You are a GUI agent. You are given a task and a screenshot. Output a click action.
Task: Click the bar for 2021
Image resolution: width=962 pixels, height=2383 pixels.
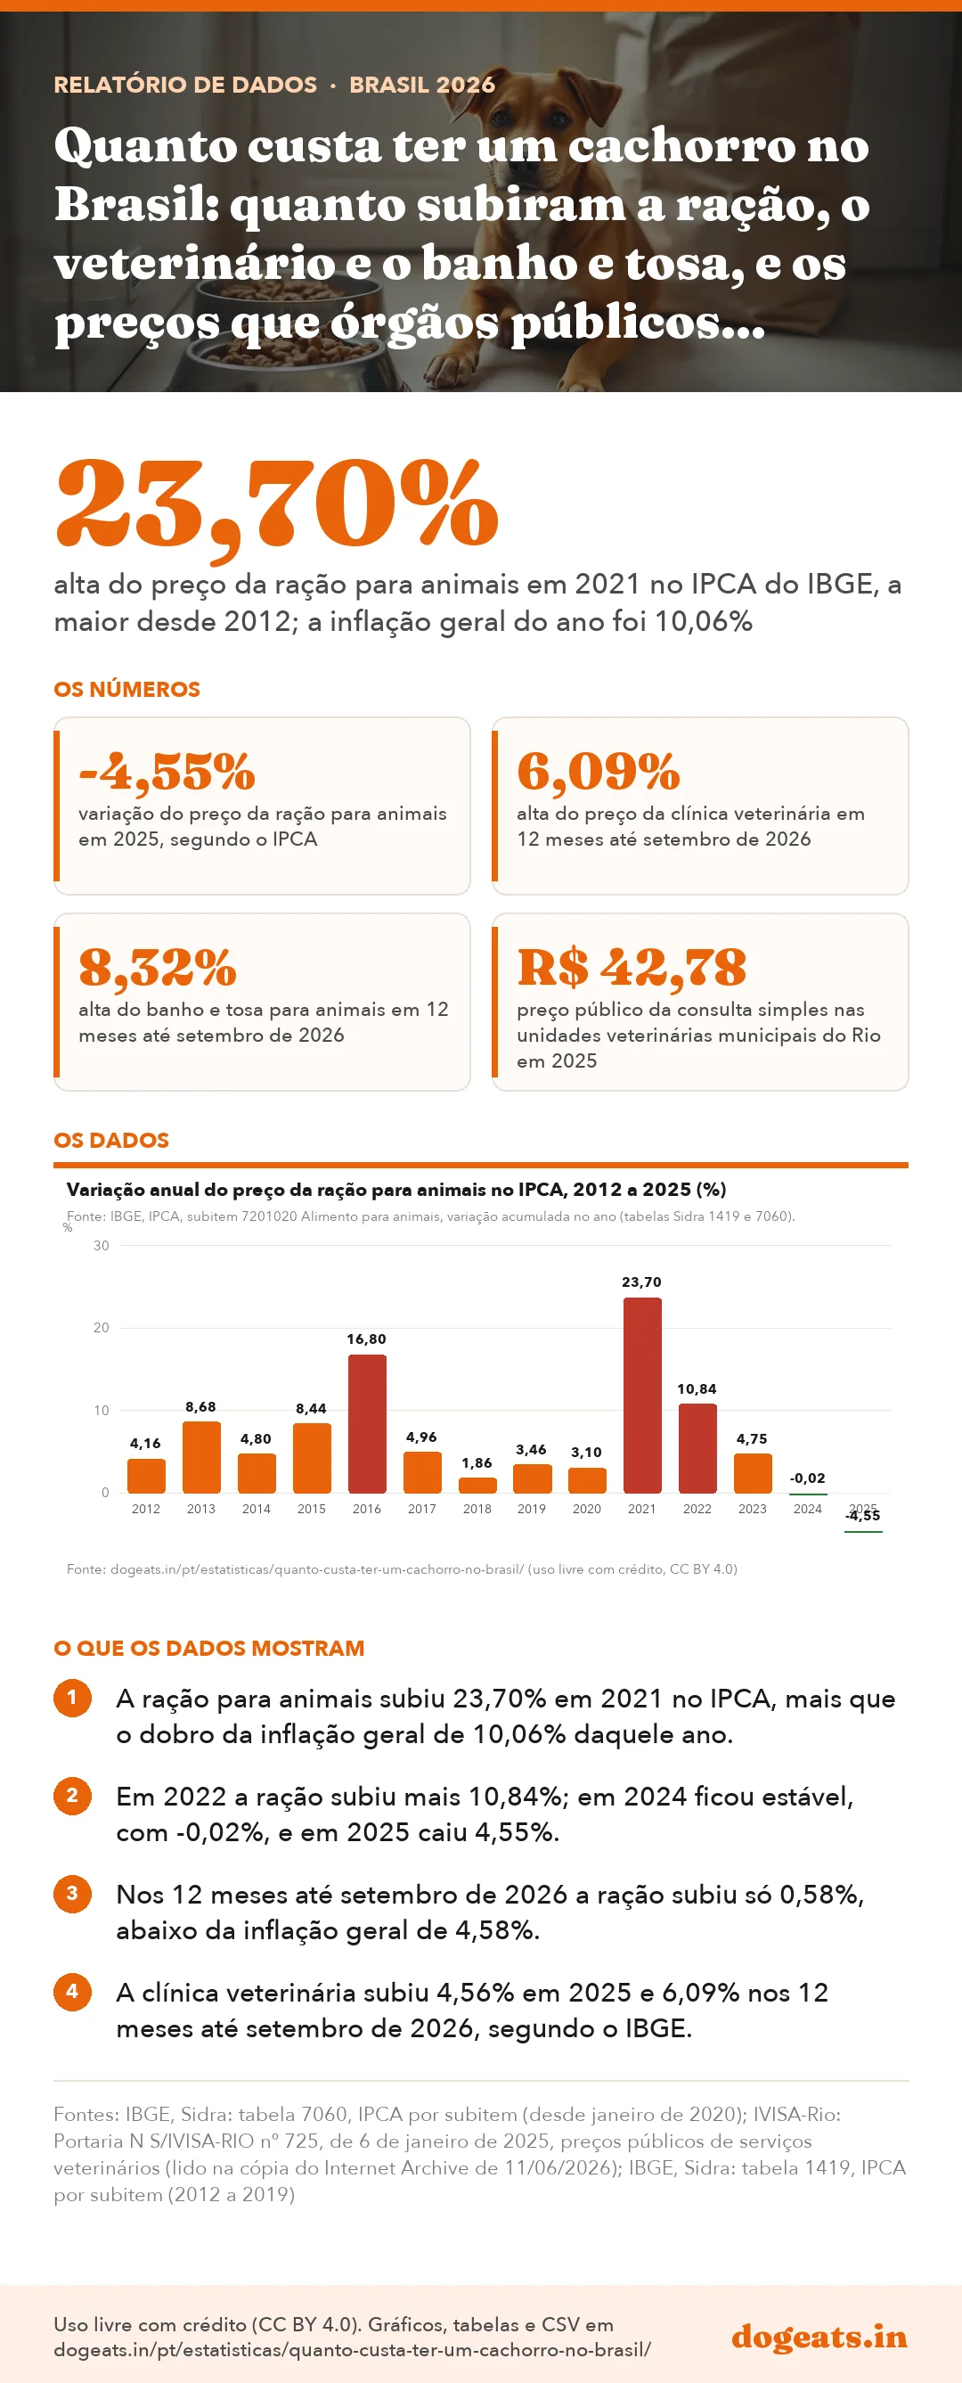[642, 1395]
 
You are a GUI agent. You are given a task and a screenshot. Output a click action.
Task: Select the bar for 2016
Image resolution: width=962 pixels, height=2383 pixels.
[367, 1424]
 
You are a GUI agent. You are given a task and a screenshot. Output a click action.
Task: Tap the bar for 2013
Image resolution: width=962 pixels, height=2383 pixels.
[201, 1457]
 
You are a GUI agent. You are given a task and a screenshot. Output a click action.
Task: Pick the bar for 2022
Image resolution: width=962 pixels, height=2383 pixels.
[697, 1449]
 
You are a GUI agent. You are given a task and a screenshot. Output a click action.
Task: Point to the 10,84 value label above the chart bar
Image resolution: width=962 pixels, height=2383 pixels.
[697, 1388]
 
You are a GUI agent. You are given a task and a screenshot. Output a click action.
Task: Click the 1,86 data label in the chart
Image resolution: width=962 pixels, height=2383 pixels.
[477, 1462]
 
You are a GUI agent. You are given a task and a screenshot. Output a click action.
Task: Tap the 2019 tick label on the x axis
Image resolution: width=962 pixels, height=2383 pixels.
[532, 1509]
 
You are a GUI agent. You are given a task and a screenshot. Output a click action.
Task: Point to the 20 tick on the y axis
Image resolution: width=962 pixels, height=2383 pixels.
[101, 1328]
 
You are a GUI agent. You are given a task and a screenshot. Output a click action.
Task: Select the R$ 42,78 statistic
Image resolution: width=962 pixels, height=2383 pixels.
[632, 968]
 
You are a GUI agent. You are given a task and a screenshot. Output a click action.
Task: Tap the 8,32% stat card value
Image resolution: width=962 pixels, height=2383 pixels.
[159, 968]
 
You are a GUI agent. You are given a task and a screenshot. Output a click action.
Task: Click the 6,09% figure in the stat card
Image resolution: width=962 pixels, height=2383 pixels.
[599, 772]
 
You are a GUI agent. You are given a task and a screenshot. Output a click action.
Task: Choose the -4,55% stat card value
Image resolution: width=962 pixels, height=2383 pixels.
[167, 772]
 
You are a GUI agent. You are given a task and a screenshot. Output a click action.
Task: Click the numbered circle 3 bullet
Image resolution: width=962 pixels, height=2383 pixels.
[72, 1894]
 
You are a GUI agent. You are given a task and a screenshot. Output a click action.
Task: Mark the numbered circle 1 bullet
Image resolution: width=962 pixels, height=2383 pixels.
[72, 1698]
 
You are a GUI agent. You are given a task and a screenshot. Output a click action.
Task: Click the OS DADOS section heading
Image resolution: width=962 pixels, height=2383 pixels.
[111, 1140]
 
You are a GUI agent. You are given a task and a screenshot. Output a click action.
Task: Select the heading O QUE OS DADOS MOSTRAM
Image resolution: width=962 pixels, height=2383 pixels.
[209, 1648]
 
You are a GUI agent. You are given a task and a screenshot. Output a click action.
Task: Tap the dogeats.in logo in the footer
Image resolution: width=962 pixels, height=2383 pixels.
[819, 2336]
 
